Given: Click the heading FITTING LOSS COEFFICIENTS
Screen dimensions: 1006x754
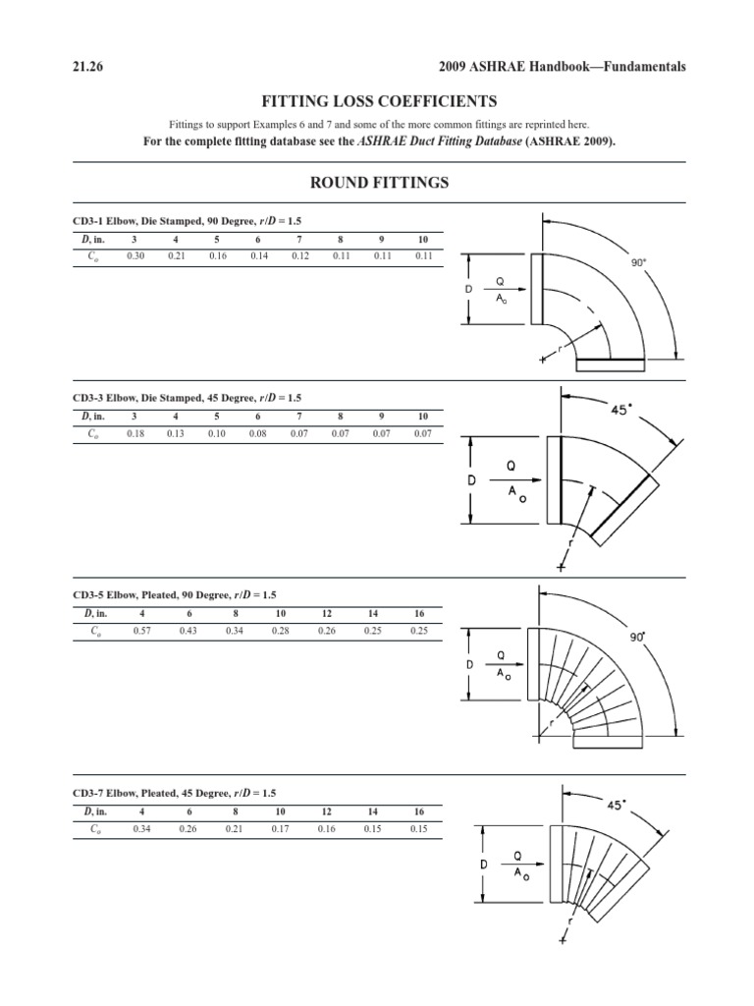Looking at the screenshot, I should tap(376, 101).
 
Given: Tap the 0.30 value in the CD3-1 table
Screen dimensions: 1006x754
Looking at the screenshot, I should tap(135, 255).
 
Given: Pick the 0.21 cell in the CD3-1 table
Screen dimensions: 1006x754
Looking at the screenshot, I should tap(176, 255).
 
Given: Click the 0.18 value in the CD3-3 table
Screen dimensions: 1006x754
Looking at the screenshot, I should tap(135, 432).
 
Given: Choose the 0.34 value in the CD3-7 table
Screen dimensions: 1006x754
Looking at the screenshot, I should tap(141, 829).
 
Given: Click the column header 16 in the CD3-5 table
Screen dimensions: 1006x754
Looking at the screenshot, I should tap(419, 613).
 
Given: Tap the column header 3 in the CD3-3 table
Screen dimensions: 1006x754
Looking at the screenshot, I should tap(135, 416).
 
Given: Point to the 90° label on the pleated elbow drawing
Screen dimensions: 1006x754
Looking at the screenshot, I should tap(637, 637).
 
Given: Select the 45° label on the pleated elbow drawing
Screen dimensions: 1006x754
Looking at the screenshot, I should tap(616, 805).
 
